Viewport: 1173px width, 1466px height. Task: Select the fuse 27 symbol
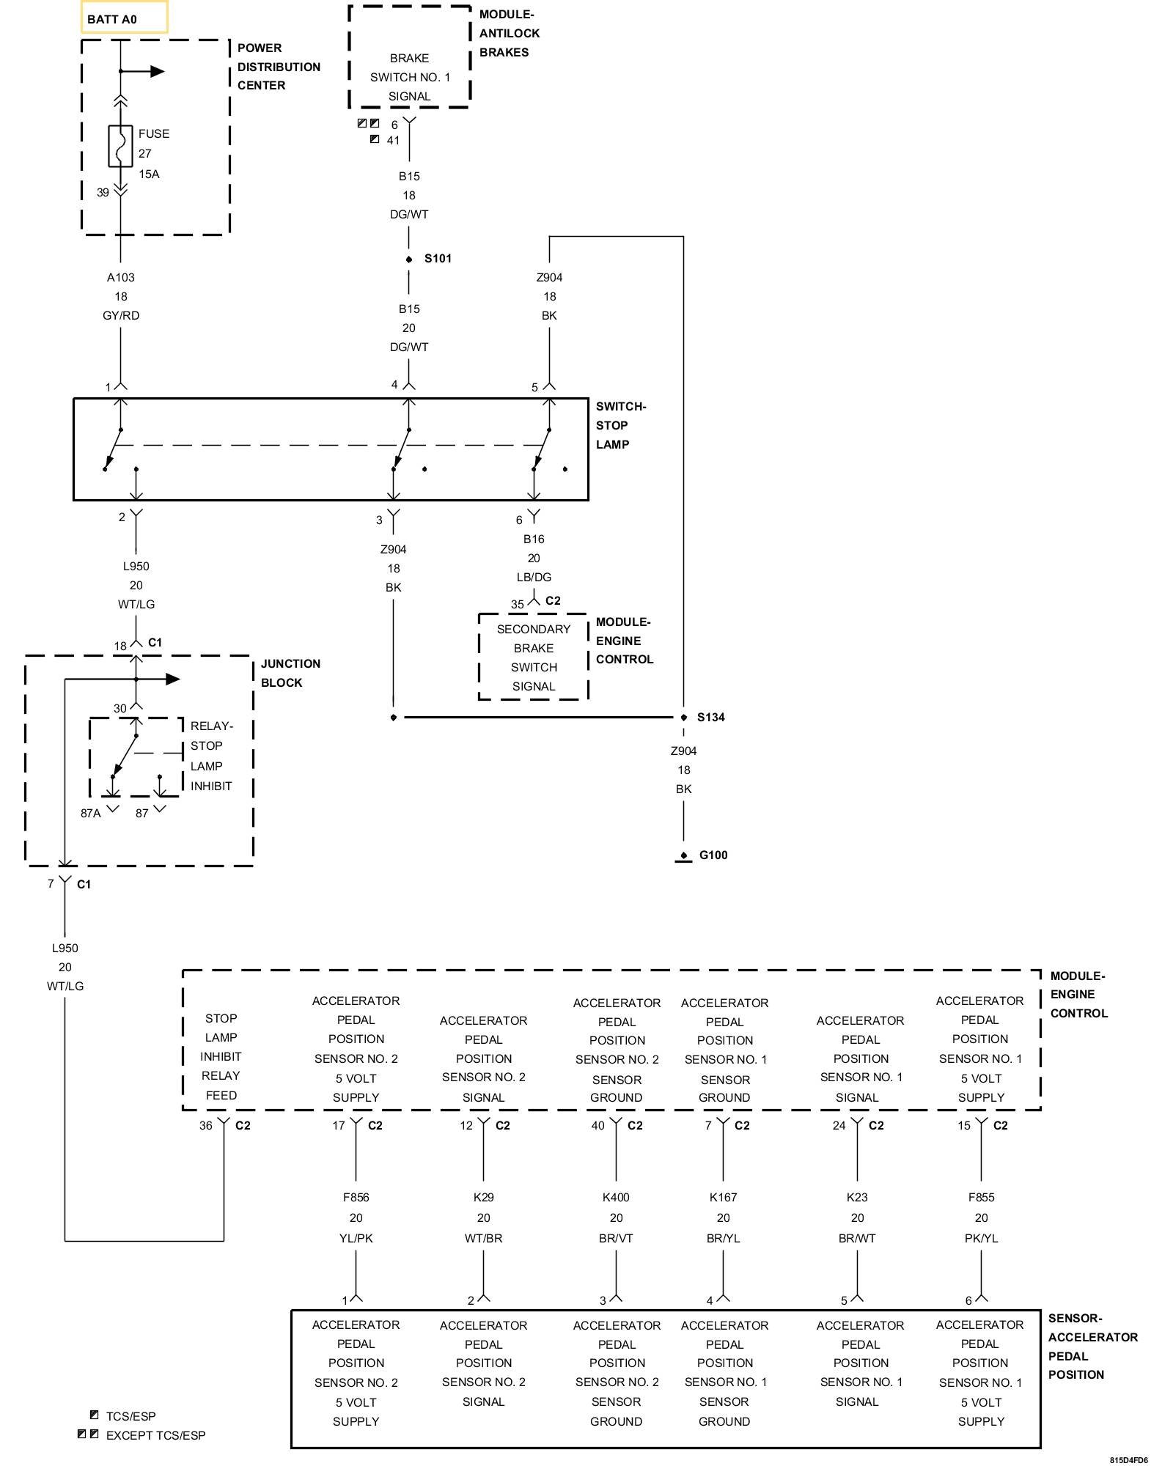click(x=120, y=146)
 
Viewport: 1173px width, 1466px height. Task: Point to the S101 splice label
click(x=438, y=259)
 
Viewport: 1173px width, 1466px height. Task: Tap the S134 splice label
click(x=710, y=718)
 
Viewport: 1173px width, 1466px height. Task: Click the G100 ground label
click(x=713, y=855)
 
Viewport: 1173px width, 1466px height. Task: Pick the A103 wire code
click(x=121, y=278)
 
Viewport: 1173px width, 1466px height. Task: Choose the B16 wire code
click(x=534, y=539)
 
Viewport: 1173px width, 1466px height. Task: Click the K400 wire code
click(x=616, y=1198)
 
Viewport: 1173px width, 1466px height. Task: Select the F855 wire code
click(x=981, y=1198)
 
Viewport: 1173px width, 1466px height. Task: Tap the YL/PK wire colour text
click(x=356, y=1239)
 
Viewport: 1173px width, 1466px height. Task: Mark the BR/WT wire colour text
click(x=857, y=1239)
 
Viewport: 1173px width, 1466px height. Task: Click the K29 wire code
click(x=484, y=1198)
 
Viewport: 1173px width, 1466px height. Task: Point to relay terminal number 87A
click(x=91, y=814)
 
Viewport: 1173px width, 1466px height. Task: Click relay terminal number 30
click(x=120, y=709)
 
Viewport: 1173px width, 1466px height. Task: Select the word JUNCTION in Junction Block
click(x=290, y=664)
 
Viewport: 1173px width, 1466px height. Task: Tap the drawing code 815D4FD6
click(x=1128, y=1460)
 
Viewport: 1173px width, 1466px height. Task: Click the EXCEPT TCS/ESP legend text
click(x=155, y=1436)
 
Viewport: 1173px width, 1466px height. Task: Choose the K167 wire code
click(x=724, y=1198)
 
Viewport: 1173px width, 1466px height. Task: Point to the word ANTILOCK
click(x=510, y=34)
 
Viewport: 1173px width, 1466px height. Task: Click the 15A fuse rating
click(x=149, y=174)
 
